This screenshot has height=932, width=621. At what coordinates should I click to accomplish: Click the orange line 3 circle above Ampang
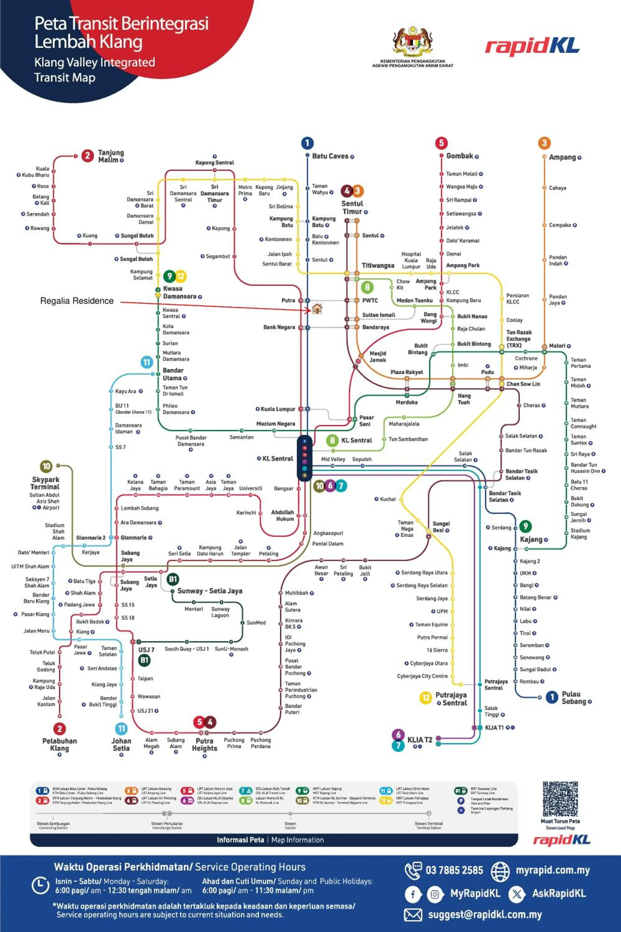point(544,143)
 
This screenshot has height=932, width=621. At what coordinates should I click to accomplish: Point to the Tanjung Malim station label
point(111,156)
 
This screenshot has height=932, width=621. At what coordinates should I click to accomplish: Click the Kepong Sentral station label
point(215,162)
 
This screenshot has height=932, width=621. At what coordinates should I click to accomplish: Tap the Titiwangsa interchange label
point(378,266)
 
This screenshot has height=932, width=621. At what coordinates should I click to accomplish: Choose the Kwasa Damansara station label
point(179,292)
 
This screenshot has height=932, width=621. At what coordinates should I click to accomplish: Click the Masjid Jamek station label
point(378,357)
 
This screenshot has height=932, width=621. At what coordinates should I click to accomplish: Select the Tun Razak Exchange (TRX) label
point(519,339)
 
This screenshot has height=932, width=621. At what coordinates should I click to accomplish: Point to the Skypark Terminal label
point(45,483)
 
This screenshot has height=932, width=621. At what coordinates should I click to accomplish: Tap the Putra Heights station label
point(204,745)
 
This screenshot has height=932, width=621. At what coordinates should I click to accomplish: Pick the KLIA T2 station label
point(419,740)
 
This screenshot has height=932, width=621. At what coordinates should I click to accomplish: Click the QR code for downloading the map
point(560,799)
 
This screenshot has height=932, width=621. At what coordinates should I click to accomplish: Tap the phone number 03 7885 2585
point(454,870)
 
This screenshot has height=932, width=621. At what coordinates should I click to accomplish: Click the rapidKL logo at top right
point(532,46)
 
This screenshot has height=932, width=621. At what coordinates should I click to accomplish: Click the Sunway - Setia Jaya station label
point(210,591)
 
